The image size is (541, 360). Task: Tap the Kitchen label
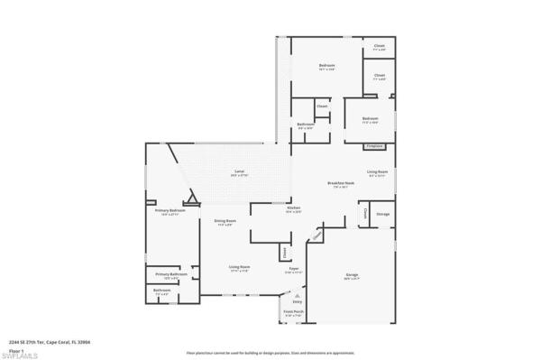[x=269, y=208]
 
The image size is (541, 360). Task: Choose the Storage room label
[x=382, y=214]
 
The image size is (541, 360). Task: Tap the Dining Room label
[x=225, y=221]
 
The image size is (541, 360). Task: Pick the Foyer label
[x=293, y=268]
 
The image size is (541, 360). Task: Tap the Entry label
[x=298, y=302]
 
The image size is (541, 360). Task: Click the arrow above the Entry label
[x=298, y=293]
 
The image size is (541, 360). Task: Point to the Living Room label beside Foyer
[x=239, y=268]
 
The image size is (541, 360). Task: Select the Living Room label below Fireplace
[x=377, y=172]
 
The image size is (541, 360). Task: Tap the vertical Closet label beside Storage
[x=364, y=214]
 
